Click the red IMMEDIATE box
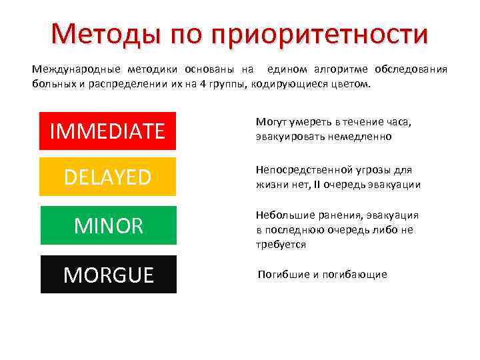pos(107,131)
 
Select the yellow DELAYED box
pos(107,177)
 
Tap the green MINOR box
pos(108,225)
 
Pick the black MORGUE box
pos(108,274)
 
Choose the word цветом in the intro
pos(357,85)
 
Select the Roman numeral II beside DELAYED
pos(318,185)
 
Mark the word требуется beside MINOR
pos(281,245)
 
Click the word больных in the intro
pos(51,85)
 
